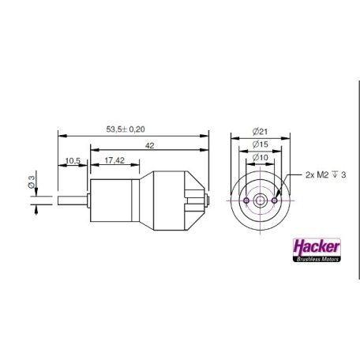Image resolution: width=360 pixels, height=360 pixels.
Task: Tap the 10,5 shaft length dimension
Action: pyautogui.click(x=73, y=160)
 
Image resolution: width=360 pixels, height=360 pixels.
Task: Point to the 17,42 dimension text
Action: pyautogui.click(x=114, y=160)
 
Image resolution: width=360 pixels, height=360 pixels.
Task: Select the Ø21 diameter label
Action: pyautogui.click(x=261, y=132)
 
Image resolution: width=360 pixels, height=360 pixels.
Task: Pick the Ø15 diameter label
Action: pyautogui.click(x=261, y=145)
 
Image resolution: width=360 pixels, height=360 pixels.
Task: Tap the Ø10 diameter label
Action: pyautogui.click(x=261, y=159)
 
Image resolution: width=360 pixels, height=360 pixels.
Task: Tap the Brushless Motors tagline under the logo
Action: pyautogui.click(x=315, y=257)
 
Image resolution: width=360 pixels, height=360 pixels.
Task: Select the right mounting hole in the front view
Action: pyautogui.click(x=273, y=201)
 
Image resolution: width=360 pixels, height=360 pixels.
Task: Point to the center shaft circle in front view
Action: pyautogui.click(x=261, y=201)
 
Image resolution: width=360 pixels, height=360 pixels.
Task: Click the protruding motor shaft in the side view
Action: pyautogui.click(x=72, y=201)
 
